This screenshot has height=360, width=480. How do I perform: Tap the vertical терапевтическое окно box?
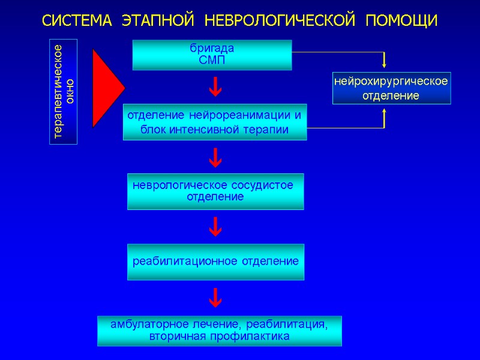(x=63, y=91)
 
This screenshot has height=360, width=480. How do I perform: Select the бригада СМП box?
(x=212, y=55)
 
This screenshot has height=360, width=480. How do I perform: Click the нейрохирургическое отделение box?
(x=391, y=88)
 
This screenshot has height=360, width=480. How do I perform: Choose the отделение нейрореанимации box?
(x=215, y=122)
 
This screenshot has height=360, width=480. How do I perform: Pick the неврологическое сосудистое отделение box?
(x=215, y=191)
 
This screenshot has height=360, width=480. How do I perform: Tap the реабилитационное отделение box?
(x=215, y=262)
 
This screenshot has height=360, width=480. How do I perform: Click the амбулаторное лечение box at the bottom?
(x=219, y=331)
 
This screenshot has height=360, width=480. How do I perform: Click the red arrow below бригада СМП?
(x=215, y=89)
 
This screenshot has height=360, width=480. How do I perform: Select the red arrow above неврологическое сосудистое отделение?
(x=215, y=158)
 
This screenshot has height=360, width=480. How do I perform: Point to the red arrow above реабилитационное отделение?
(x=215, y=227)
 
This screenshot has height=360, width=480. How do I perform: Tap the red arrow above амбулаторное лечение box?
(x=215, y=296)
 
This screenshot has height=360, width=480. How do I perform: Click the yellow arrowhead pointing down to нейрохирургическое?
(x=384, y=63)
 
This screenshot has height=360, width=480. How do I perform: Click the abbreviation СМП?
(x=212, y=60)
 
